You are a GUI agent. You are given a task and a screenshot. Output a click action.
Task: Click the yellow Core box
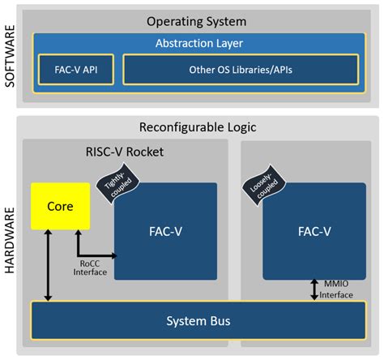(x=59, y=206)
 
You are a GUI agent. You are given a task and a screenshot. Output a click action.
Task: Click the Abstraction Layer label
(x=199, y=43)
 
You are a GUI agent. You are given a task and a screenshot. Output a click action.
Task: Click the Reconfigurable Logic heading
(x=199, y=126)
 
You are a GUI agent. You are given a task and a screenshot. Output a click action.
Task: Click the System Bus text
(x=198, y=321)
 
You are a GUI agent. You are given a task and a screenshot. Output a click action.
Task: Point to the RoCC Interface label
(x=90, y=268)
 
